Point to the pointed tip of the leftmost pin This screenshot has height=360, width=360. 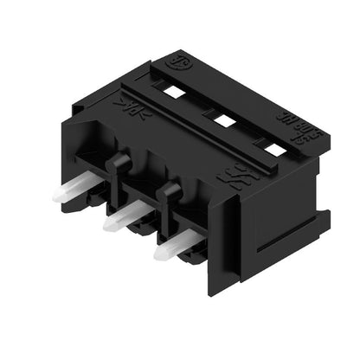(x=56, y=197)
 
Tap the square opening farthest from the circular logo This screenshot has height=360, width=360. (x=273, y=149)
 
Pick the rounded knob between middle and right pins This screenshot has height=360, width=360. (x=170, y=191)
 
